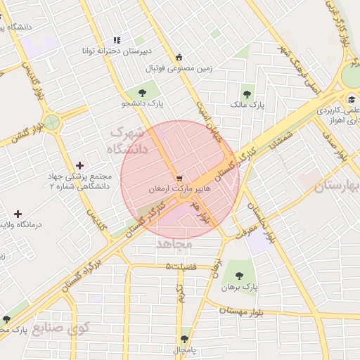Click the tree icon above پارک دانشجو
[143, 91]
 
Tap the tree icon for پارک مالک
[247, 92]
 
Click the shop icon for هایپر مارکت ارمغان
[179, 178]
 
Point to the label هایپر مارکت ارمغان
[180, 189]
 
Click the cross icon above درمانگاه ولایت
[18, 213]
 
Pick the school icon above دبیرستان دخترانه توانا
[116, 41]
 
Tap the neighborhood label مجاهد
[172, 243]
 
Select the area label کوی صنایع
[61, 328]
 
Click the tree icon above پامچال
[184, 338]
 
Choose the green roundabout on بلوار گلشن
[53, 122]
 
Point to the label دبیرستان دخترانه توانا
[117, 52]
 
